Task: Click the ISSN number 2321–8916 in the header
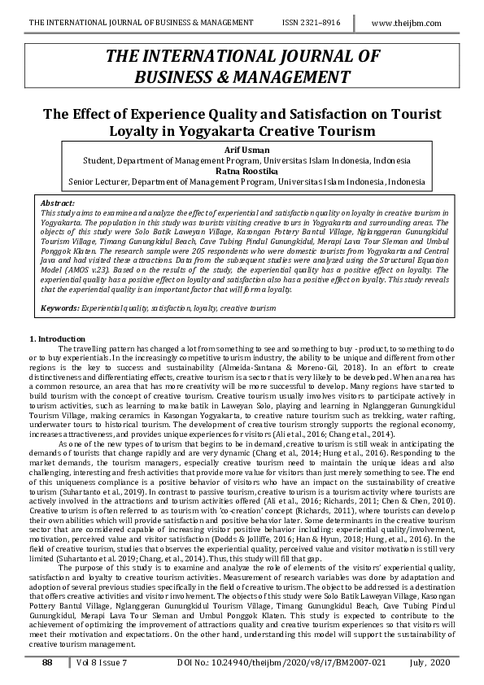[312, 23]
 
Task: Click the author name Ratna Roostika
[242, 172]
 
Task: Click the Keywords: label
[60, 309]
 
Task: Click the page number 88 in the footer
[48, 664]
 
